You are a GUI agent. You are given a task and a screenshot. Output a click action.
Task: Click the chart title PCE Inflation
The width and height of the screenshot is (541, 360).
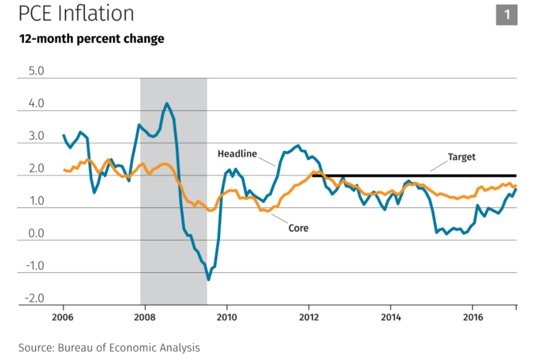pyautogui.click(x=76, y=14)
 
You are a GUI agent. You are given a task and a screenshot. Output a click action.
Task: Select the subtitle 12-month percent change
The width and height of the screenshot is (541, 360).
pyautogui.click(x=92, y=39)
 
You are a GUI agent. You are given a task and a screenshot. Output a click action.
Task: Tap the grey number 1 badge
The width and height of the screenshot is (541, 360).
pyautogui.click(x=507, y=14)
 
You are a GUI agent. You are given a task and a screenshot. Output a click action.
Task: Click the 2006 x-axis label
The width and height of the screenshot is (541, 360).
pyautogui.click(x=63, y=317)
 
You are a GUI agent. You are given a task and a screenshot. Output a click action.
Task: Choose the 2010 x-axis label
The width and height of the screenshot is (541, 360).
pyautogui.click(x=227, y=317)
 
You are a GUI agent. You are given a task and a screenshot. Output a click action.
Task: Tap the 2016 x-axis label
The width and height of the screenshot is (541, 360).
pyautogui.click(x=472, y=317)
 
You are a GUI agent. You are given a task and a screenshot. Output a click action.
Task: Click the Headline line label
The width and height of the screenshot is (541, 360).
pyautogui.click(x=237, y=154)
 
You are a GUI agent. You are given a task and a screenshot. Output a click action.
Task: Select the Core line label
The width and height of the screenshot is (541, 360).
pyautogui.click(x=298, y=228)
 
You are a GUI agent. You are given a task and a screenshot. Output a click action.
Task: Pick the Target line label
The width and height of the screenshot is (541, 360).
pyautogui.click(x=462, y=157)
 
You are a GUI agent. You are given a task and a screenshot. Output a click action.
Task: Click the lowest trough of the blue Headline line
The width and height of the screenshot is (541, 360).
pyautogui.click(x=209, y=279)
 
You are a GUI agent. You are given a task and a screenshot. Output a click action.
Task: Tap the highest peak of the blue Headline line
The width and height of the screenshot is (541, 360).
pyautogui.click(x=167, y=103)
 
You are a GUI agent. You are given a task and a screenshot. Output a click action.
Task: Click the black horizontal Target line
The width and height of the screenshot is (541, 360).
pyautogui.click(x=418, y=175)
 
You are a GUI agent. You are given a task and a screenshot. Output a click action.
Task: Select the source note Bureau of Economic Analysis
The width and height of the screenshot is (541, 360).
pyautogui.click(x=109, y=348)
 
